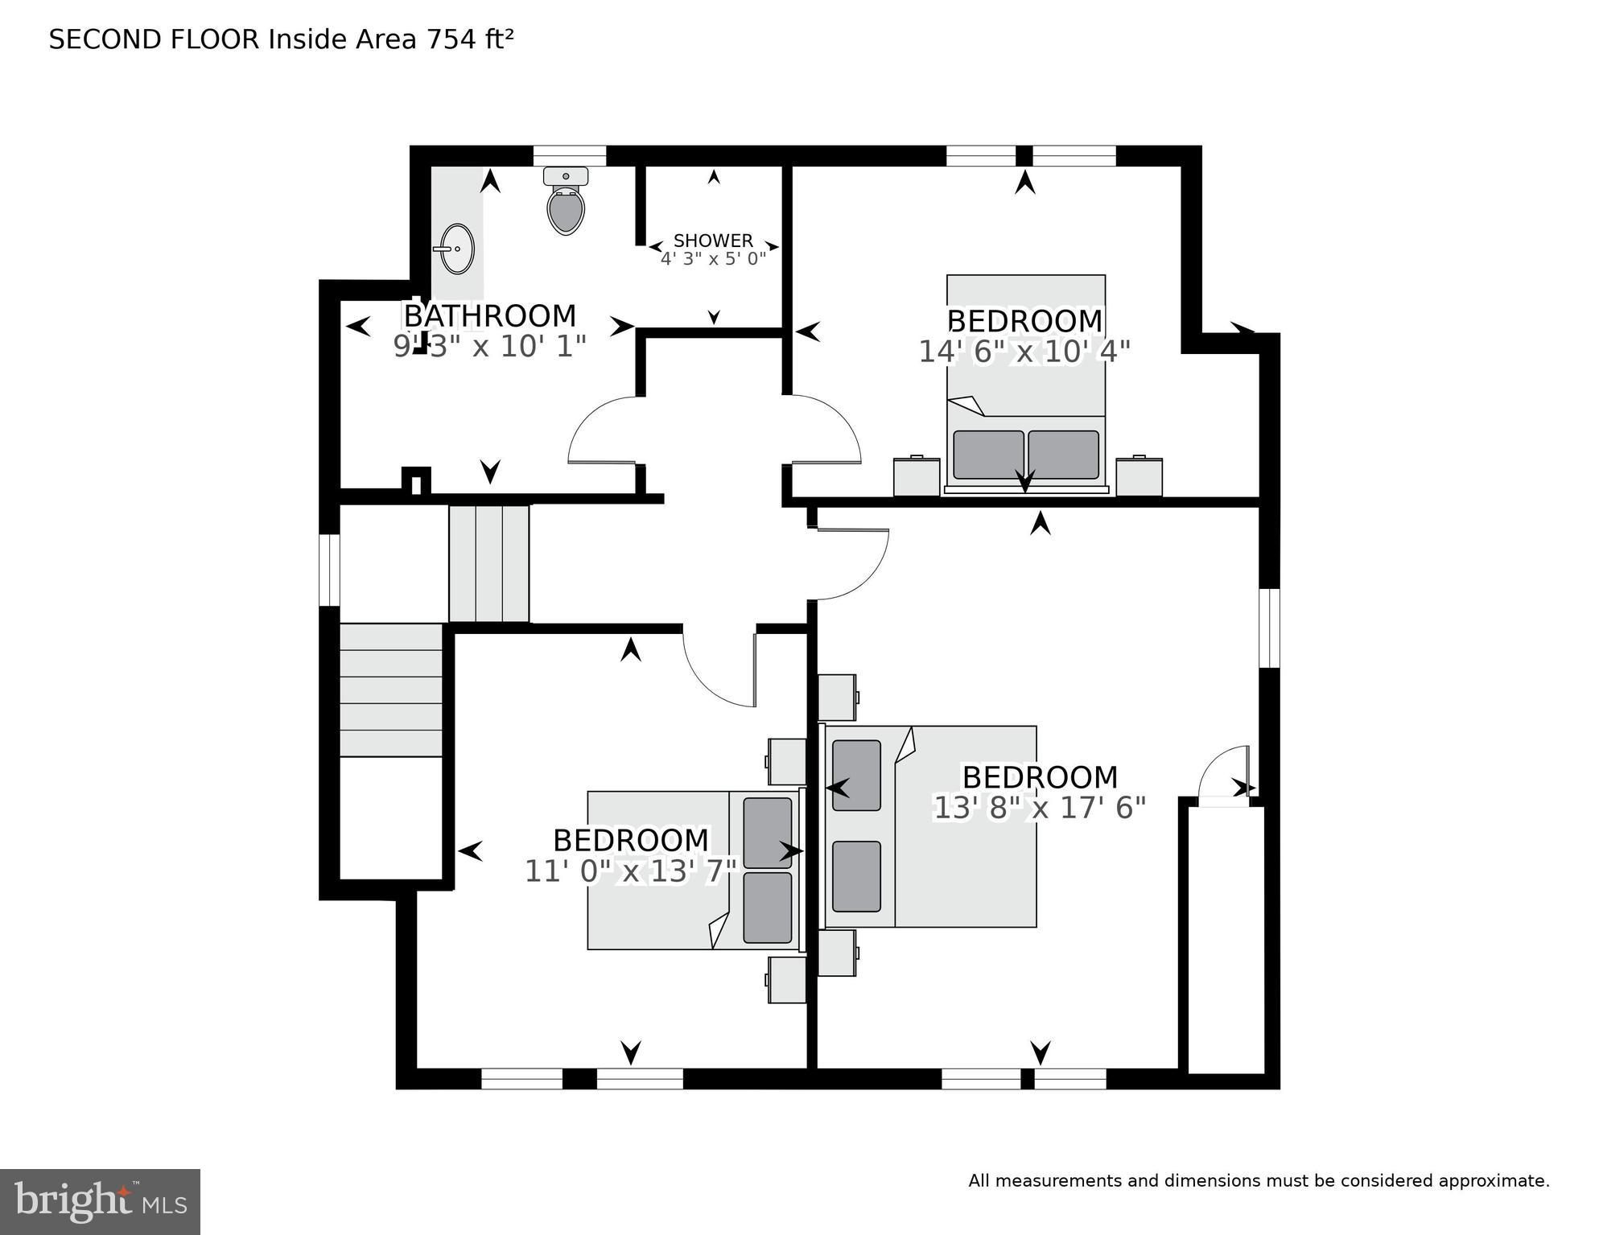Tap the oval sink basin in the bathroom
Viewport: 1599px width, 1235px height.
458,249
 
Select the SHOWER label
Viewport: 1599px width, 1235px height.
713,241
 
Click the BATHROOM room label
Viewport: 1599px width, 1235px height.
489,315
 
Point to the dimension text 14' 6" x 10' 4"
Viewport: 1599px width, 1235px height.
1024,352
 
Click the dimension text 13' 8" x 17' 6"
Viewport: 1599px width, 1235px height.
1039,808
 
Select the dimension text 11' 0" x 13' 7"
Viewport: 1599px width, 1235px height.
631,871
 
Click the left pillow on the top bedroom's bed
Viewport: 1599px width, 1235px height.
988,455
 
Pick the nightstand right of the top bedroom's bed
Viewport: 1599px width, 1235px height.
1139,477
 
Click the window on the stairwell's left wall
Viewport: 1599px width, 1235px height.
329,570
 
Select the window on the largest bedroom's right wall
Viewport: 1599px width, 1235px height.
1269,628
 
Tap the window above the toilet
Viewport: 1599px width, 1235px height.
569,156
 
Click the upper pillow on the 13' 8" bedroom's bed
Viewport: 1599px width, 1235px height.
856,775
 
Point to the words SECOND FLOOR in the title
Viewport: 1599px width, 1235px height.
154,39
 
